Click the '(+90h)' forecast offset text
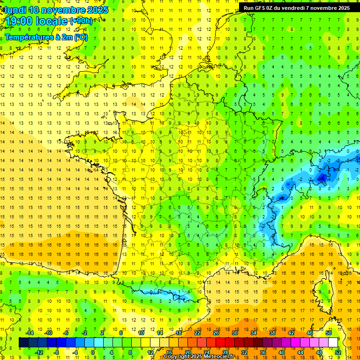click(x=81, y=21)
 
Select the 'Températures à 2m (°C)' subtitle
click(x=46, y=37)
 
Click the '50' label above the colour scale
click(x=329, y=333)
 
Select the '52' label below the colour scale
click(x=337, y=352)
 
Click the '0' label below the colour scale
click(x=93, y=352)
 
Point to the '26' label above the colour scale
click(x=216, y=333)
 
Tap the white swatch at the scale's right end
click(x=333, y=343)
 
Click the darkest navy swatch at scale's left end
click(x=23, y=343)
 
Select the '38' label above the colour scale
click(x=272, y=333)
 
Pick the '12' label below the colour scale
click(x=150, y=352)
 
